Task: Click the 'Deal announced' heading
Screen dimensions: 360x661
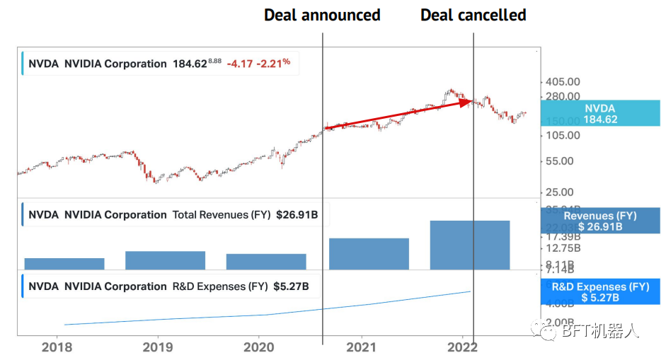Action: coord(322,15)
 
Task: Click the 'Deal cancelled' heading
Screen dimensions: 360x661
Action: coord(473,15)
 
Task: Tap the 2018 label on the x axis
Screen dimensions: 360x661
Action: coord(57,347)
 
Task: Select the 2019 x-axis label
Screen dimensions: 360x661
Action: coord(158,347)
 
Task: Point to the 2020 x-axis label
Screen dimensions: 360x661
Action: coord(259,347)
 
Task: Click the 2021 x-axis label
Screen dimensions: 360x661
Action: coord(361,347)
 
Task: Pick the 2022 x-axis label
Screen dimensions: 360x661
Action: coord(462,347)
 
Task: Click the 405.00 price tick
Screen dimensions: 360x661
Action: coord(564,82)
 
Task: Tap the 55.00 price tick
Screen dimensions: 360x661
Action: coord(560,161)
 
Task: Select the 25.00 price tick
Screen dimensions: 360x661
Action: coord(560,192)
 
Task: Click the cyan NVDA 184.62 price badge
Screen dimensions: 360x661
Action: coord(600,114)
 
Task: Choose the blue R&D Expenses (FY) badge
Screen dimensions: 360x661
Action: coord(600,291)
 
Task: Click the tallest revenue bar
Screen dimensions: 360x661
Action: coord(470,245)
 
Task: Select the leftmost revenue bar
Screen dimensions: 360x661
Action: coord(64,263)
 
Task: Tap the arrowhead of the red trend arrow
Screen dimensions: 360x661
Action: coord(467,102)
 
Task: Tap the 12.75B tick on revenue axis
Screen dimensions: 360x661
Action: coord(564,248)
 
